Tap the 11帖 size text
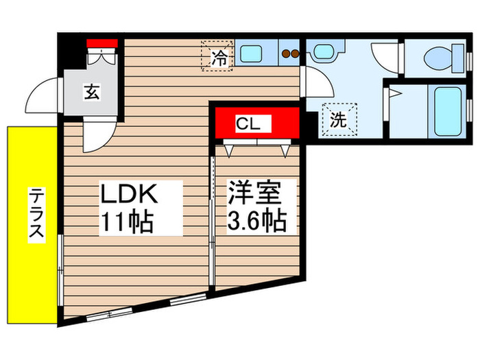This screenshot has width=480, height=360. (128, 221)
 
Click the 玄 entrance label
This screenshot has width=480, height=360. (91, 91)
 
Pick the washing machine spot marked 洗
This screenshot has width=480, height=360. (339, 119)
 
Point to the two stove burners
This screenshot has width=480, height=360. (289, 53)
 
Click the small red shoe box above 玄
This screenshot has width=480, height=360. (103, 45)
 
